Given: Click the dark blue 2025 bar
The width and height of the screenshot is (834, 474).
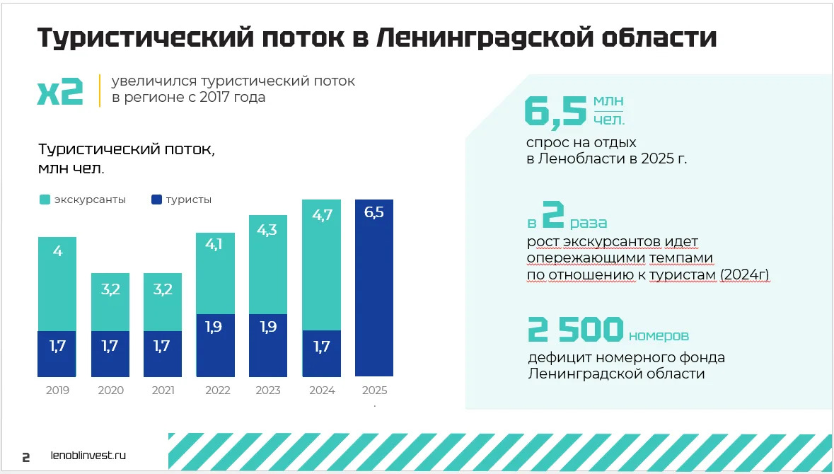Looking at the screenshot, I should click(x=373, y=297).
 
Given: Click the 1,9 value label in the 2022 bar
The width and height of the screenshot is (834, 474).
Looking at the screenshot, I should click(x=214, y=327).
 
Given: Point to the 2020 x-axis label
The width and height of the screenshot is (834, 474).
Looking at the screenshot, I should click(x=110, y=391).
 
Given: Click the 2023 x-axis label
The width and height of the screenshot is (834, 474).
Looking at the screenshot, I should click(x=267, y=391).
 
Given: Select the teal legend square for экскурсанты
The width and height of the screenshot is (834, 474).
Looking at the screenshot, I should click(x=45, y=200).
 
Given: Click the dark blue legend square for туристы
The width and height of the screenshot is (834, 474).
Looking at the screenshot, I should click(x=156, y=200).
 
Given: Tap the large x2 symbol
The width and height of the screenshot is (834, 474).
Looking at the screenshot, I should click(x=60, y=91).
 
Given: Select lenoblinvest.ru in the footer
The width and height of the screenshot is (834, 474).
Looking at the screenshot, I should click(x=89, y=456).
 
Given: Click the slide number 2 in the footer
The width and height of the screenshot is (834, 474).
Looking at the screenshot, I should click(x=26, y=457).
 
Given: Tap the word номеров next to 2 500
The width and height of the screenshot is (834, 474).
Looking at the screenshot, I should click(x=659, y=335).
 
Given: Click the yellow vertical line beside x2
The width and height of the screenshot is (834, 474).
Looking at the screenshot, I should click(x=100, y=91).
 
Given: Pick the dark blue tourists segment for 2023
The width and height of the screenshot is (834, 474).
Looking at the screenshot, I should click(x=267, y=345).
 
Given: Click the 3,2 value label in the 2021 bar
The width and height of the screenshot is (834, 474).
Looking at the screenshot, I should click(x=162, y=289).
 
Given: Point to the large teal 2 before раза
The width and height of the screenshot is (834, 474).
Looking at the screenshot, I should click(x=552, y=216).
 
